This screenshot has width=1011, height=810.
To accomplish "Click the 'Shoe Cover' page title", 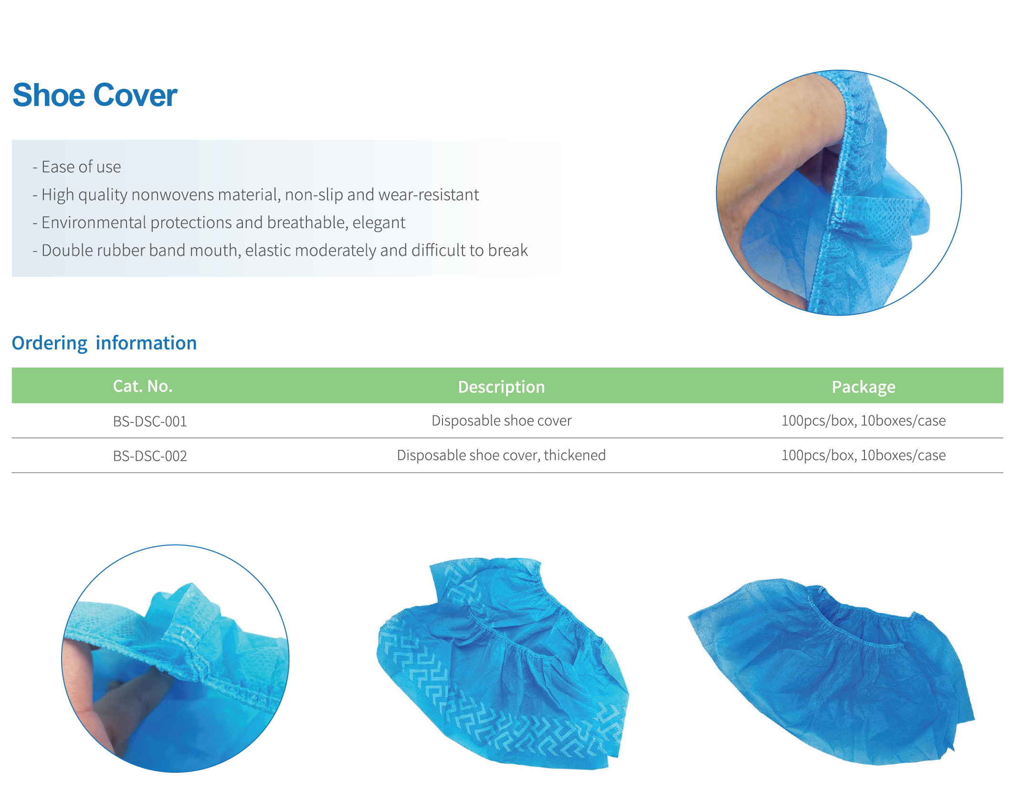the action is [95, 95].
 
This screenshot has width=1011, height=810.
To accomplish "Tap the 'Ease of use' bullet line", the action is [76, 167].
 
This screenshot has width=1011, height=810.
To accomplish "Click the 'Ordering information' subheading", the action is [104, 343].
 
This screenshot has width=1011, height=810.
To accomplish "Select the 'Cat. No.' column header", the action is [143, 386].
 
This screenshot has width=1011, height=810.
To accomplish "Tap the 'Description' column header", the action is [501, 387].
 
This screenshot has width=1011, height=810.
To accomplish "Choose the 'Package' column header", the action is [864, 387].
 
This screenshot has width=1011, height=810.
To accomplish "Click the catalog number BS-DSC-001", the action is [150, 421].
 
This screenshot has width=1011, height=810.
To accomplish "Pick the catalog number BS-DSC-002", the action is [150, 456].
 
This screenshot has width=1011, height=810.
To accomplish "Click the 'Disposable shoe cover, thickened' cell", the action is [501, 455].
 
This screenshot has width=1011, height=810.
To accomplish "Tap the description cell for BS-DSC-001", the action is [501, 421].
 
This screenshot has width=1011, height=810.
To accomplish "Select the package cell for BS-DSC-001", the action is [864, 421].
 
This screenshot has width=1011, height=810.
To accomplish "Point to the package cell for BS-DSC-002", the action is [864, 455].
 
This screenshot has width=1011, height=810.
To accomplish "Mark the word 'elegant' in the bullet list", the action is [379, 223].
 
